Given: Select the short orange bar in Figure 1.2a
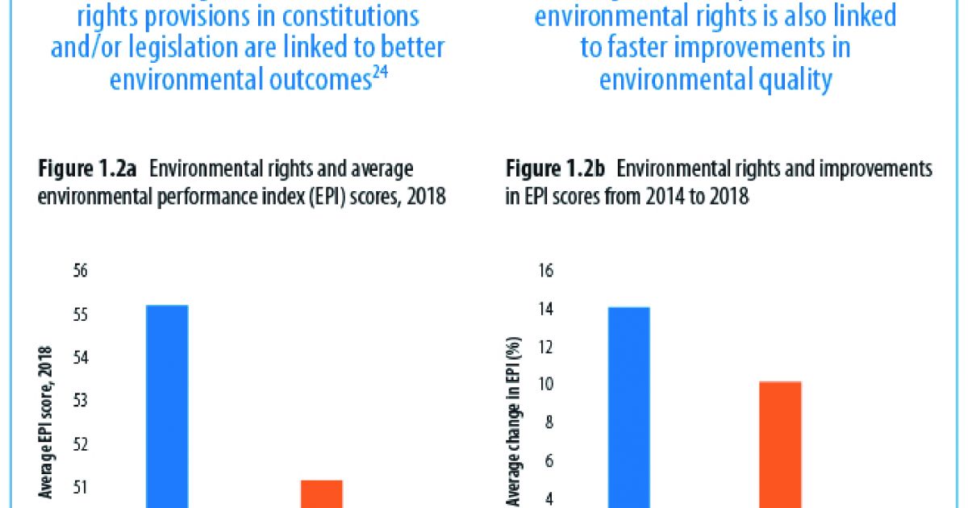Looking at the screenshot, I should (322, 493).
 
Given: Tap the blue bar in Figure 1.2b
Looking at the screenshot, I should (629, 407).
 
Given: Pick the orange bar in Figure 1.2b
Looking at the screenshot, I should (779, 444).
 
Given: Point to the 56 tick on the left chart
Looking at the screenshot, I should (80, 271).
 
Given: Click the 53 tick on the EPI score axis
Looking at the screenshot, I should (80, 401).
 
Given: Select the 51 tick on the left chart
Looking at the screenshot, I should (80, 487).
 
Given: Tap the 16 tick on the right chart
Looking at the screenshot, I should (545, 271).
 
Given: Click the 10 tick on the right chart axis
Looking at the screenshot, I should (545, 385).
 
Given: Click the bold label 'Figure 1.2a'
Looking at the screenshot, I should (89, 170).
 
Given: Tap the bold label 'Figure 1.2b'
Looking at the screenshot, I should (556, 170).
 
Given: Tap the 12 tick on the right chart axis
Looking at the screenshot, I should (545, 348).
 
